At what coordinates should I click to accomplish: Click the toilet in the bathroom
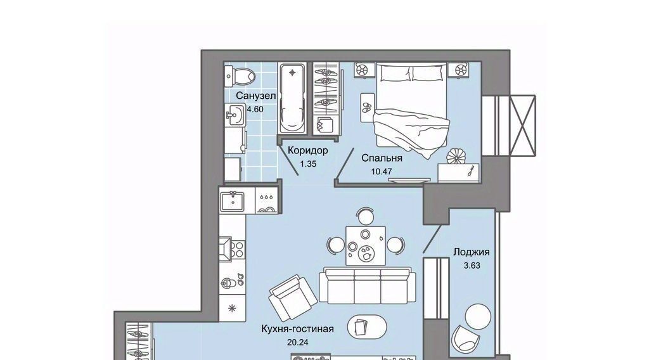tap(240, 76)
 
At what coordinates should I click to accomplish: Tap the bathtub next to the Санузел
tap(293, 98)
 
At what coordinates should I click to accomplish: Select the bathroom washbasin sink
tap(236, 114)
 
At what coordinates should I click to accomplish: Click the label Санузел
tap(256, 96)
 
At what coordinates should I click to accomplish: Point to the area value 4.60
tap(255, 109)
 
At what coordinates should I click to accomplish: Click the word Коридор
tap(307, 150)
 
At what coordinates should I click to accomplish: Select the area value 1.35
tap(308, 164)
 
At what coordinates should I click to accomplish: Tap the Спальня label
tap(382, 158)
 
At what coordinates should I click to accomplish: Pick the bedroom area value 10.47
tap(381, 171)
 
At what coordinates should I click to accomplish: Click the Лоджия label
tap(472, 252)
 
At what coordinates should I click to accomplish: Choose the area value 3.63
tap(472, 266)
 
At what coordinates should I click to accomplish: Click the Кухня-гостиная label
tap(297, 329)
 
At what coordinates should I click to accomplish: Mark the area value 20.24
tap(297, 343)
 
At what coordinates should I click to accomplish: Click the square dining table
tap(366, 246)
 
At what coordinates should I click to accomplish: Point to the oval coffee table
tap(367, 326)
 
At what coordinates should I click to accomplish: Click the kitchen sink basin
tap(233, 202)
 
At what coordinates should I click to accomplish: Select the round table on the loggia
tap(478, 316)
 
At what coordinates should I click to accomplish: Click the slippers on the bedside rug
tap(367, 108)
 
